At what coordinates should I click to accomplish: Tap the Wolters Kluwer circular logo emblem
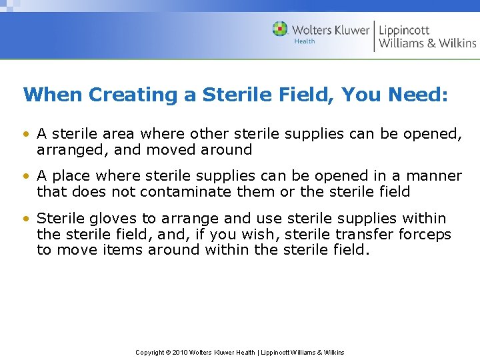click(281, 29)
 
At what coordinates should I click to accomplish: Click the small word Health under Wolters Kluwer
click(305, 41)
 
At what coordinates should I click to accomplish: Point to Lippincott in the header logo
click(404, 30)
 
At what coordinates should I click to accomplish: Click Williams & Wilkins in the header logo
click(427, 43)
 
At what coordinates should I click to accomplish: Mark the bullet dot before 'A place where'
click(26, 177)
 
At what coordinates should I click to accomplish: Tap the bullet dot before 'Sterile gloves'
click(26, 219)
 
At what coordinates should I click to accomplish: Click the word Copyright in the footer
click(150, 353)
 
